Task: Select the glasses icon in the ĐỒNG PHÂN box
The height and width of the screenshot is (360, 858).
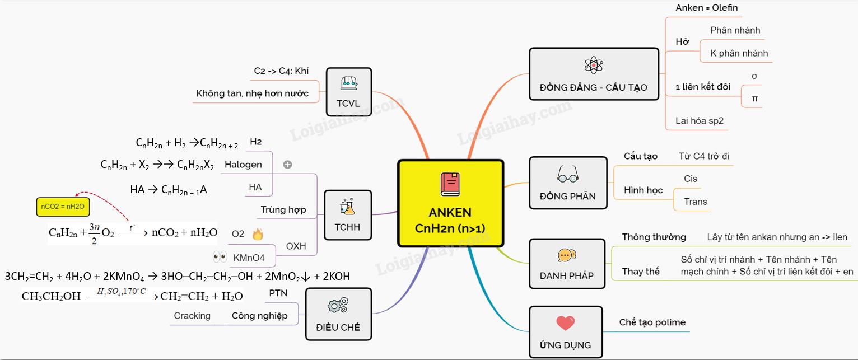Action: tap(567, 175)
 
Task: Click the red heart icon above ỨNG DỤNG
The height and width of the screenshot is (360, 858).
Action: tap(566, 323)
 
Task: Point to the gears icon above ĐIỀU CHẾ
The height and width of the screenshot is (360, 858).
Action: tap(337, 305)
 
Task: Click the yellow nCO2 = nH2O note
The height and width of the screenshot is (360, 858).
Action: tap(63, 207)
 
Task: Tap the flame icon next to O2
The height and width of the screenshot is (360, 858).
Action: tap(258, 234)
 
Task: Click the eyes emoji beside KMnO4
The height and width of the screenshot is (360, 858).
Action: tap(220, 258)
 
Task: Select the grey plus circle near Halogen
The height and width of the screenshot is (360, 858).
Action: tap(288, 165)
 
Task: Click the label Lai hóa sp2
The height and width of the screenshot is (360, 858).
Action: tap(700, 120)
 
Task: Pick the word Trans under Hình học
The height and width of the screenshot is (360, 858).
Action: tap(695, 202)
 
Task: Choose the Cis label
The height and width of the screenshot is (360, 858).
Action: tap(691, 179)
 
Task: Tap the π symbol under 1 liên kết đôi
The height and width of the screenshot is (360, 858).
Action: tap(754, 99)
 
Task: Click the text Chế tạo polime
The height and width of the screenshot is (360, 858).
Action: tap(652, 322)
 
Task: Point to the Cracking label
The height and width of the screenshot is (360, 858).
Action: tap(192, 316)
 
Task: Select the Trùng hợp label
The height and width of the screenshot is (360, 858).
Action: tap(283, 210)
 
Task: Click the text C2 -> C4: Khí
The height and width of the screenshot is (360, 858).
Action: tap(281, 71)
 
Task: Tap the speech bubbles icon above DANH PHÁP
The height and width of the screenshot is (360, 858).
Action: tap(567, 256)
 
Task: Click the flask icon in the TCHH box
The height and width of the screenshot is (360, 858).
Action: tap(347, 207)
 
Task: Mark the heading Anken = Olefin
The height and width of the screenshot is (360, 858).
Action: tap(706, 8)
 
